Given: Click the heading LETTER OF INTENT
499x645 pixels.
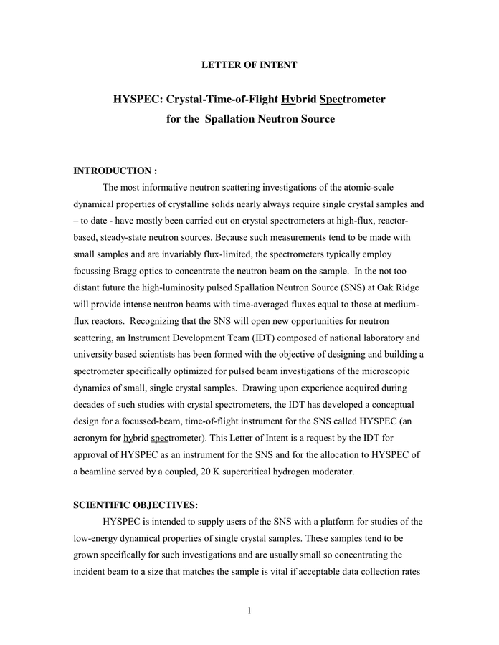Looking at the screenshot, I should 249,65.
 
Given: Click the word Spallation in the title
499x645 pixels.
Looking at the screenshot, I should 234,118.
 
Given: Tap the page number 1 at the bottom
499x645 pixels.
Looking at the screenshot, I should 249,610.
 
